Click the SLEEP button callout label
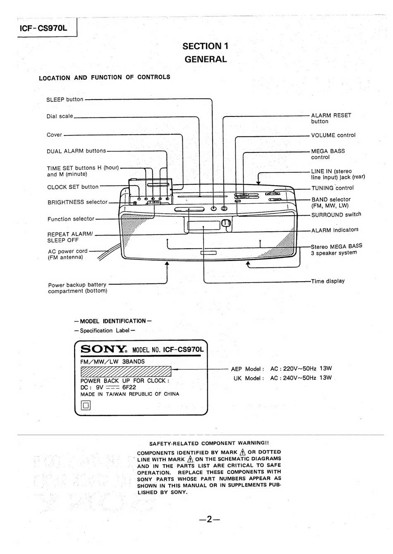click(x=65, y=100)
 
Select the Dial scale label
click(x=60, y=117)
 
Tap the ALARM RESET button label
click(x=331, y=118)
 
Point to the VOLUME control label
click(x=333, y=135)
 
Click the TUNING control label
click(x=333, y=188)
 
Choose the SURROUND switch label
click(x=336, y=215)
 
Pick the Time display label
click(x=328, y=281)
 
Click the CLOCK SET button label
click(x=73, y=187)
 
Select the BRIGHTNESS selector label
click(x=77, y=202)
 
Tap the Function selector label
click(x=71, y=219)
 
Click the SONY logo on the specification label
click(x=103, y=349)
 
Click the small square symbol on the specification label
click(x=86, y=406)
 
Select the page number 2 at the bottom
click(x=209, y=519)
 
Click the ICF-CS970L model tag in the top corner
click(x=43, y=29)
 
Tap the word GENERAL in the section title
click(x=206, y=59)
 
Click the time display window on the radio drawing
click(x=204, y=226)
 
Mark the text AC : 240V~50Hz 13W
click(x=301, y=378)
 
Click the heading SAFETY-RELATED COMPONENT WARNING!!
click(x=209, y=443)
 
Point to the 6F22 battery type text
click(x=129, y=388)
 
